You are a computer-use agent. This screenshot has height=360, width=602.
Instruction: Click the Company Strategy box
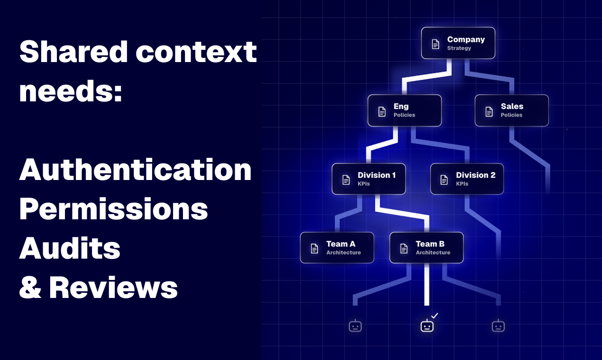(x=458, y=43)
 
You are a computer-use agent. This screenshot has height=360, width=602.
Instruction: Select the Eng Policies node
(x=404, y=110)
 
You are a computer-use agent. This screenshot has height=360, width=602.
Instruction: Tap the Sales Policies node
(x=512, y=110)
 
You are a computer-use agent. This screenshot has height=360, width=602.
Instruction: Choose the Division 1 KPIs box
(x=369, y=179)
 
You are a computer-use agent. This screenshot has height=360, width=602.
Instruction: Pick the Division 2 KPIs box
(x=467, y=179)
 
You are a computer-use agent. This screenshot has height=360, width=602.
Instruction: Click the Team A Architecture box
(x=337, y=248)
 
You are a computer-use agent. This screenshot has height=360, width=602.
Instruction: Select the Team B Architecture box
(x=427, y=248)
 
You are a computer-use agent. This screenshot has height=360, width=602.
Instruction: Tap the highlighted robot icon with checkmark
(x=427, y=325)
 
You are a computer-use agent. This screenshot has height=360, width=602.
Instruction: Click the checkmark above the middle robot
(x=435, y=315)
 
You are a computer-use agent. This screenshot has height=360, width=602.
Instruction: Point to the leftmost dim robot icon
(x=356, y=325)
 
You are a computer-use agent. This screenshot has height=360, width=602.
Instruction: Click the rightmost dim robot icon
(x=498, y=325)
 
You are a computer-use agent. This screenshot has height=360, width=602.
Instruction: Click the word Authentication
(x=136, y=170)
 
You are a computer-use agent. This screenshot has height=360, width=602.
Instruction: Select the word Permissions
(x=114, y=209)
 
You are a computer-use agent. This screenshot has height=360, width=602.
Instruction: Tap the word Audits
(x=70, y=248)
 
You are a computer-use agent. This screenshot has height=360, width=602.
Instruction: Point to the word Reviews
(x=113, y=288)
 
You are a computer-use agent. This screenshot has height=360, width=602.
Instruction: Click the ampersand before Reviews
(x=30, y=288)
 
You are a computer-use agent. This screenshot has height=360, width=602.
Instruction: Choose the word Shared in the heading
(x=73, y=51)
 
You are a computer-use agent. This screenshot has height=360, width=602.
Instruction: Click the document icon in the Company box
(x=436, y=44)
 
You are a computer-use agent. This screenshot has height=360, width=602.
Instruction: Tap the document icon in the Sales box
(x=489, y=111)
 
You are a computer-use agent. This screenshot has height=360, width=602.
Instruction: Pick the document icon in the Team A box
(x=314, y=249)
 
